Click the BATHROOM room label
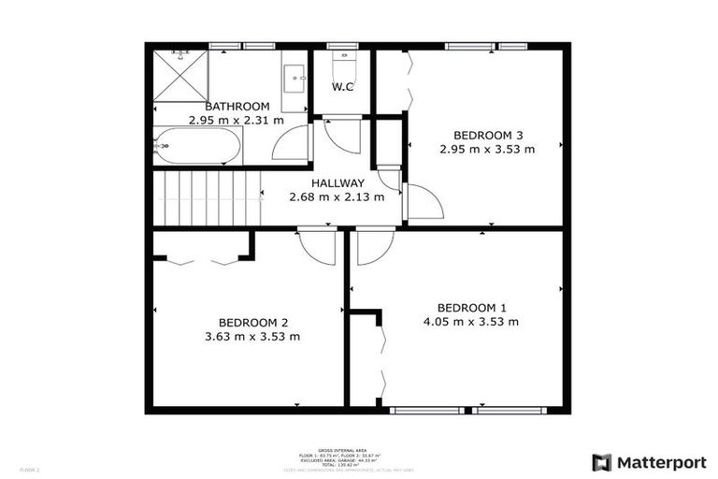click(237, 107)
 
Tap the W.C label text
click(342, 87)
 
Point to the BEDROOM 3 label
click(486, 134)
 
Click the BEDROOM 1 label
click(471, 308)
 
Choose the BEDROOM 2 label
click(251, 323)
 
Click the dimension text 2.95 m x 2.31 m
click(236, 121)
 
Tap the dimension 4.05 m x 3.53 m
click(471, 322)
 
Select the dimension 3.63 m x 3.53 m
click(251, 337)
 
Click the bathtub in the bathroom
click(197, 146)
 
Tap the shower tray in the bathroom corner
click(179, 75)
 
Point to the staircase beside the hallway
click(206, 197)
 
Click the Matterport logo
click(649, 461)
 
